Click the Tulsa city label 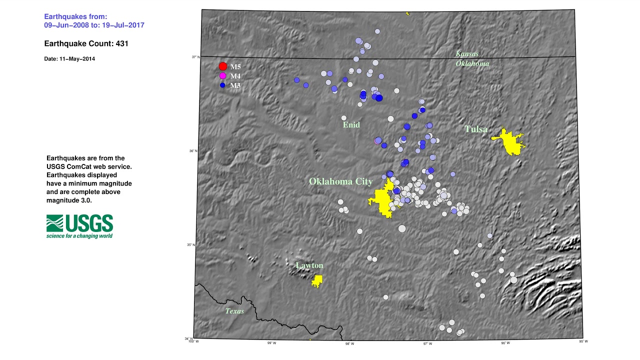pos(475,129)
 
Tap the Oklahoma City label pos(340,181)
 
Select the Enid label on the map pos(351,124)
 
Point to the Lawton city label pos(309,265)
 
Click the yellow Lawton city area pos(317,281)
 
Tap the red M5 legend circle pos(223,66)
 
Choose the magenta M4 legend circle pos(222,76)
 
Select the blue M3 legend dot pos(222,85)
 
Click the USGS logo pos(79,226)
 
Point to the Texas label pos(234,311)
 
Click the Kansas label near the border pos(467,54)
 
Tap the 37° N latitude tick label pos(194,57)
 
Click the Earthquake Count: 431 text pos(86,43)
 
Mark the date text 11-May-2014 pos(69,59)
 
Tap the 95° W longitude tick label pos(583,341)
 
